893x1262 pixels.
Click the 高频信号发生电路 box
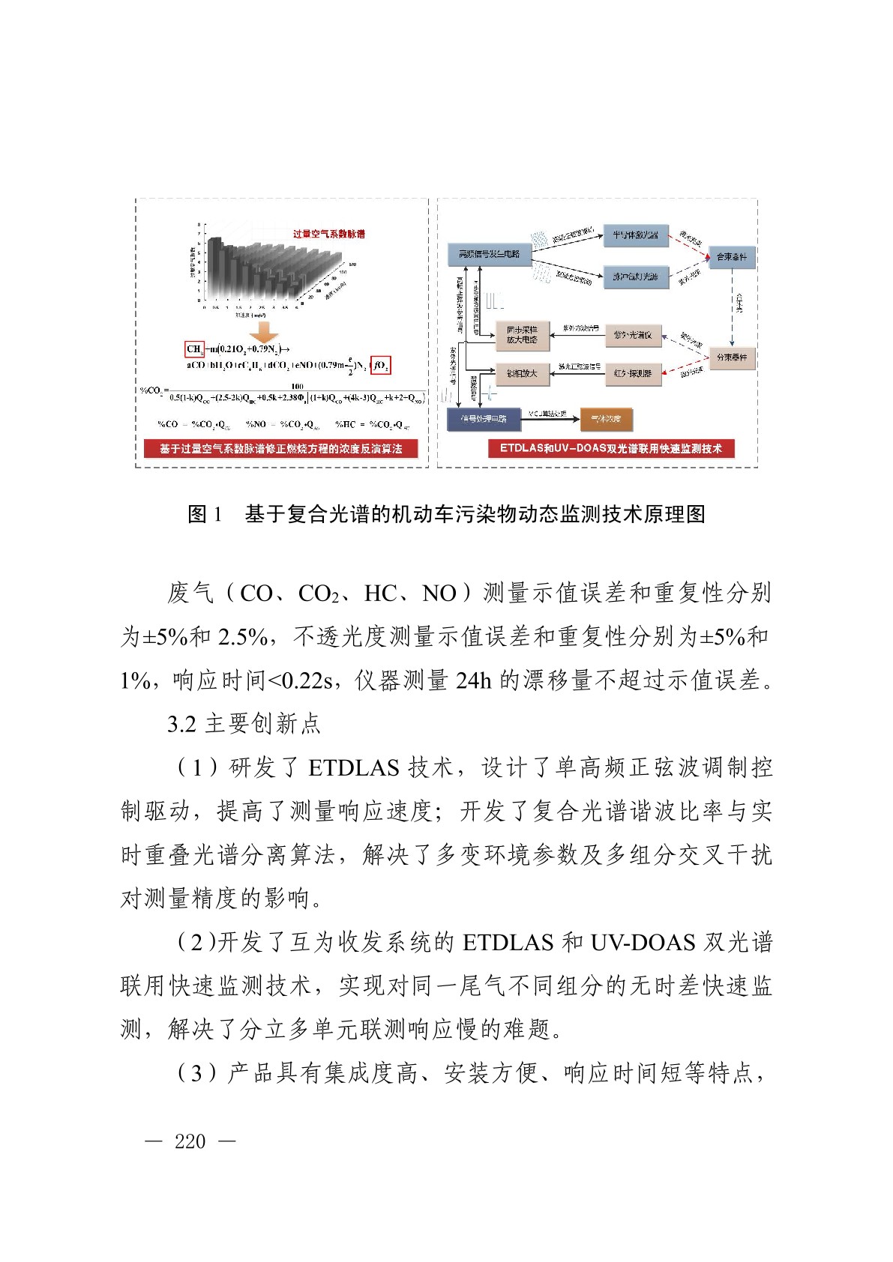pyautogui.click(x=489, y=255)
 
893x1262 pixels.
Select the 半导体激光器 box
pyautogui.click(x=634, y=235)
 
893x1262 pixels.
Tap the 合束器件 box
pyautogui.click(x=731, y=257)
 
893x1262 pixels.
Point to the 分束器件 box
pyautogui.click(x=731, y=357)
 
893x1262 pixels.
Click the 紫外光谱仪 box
pyautogui.click(x=633, y=336)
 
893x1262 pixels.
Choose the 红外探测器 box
pyautogui.click(x=633, y=373)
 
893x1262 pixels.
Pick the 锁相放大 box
pyautogui.click(x=522, y=373)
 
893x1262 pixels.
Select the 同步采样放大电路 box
pyautogui.click(x=522, y=335)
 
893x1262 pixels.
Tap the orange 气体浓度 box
pyautogui.click(x=607, y=419)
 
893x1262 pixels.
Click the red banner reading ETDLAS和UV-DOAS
pyautogui.click(x=610, y=448)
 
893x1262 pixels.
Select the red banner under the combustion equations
pyautogui.click(x=280, y=448)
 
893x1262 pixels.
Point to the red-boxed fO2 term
pyautogui.click(x=380, y=366)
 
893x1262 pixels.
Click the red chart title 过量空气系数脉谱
pyautogui.click(x=328, y=234)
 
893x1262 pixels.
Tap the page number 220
pyautogui.click(x=190, y=1141)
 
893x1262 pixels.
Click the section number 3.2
pyautogui.click(x=181, y=724)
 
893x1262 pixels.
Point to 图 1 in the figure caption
pyautogui.click(x=204, y=514)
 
